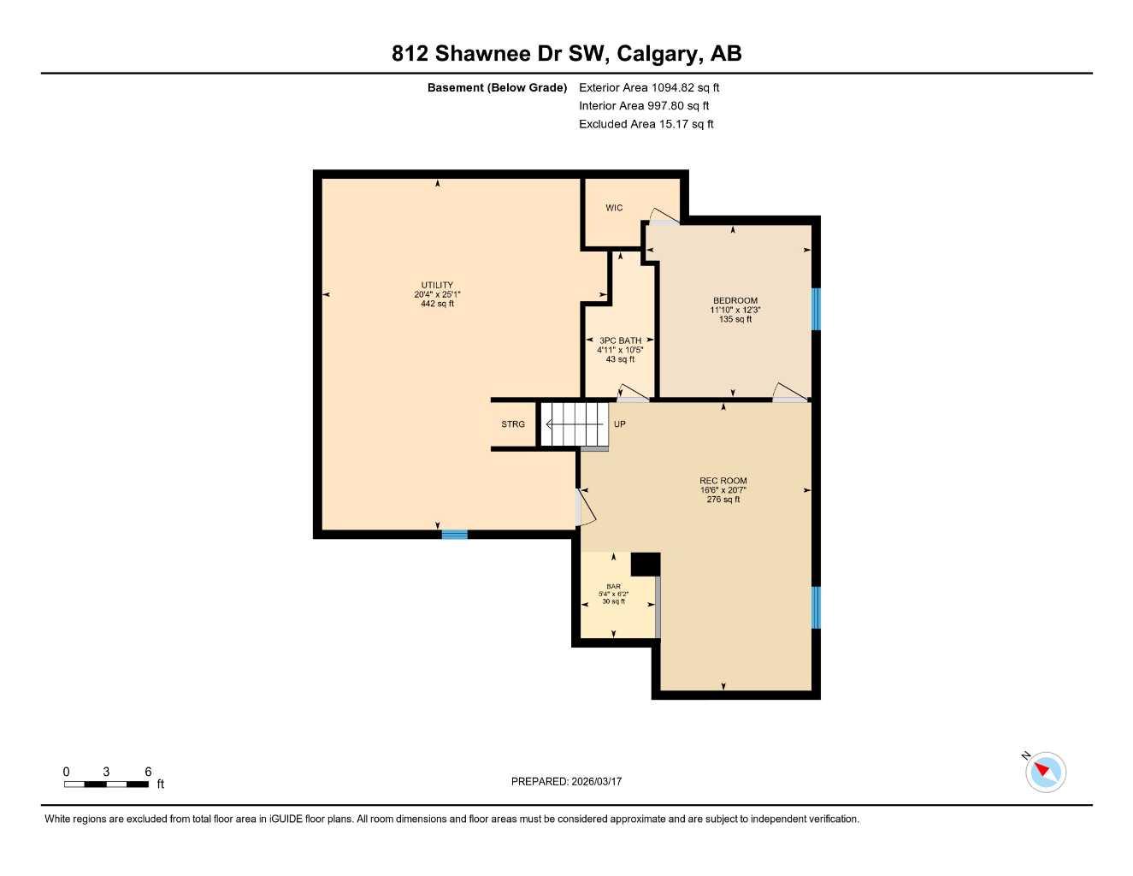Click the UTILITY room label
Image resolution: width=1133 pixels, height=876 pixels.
437,286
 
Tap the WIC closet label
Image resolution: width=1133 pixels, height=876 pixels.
614,208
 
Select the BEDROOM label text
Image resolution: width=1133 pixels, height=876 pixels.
735,301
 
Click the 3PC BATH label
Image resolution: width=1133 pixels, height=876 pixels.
620,340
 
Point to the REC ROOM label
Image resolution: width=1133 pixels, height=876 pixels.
723,481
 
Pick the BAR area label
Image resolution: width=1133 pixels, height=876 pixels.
613,587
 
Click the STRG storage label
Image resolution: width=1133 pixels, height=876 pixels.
513,424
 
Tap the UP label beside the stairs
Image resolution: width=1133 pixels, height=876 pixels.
620,424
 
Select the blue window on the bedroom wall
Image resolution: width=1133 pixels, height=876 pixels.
816,309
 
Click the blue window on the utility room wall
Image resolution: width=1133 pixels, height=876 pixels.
454,535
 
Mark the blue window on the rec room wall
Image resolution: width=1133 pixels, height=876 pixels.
816,607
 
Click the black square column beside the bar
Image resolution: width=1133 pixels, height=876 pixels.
646,565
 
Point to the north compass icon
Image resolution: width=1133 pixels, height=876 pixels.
1044,772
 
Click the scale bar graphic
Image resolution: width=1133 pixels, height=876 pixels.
106,784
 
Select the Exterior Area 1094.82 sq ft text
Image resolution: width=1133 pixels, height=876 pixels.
649,87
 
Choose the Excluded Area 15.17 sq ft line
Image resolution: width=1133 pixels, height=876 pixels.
646,124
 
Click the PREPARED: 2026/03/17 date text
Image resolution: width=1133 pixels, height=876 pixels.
566,781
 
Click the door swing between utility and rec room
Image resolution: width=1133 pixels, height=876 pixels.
587,506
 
